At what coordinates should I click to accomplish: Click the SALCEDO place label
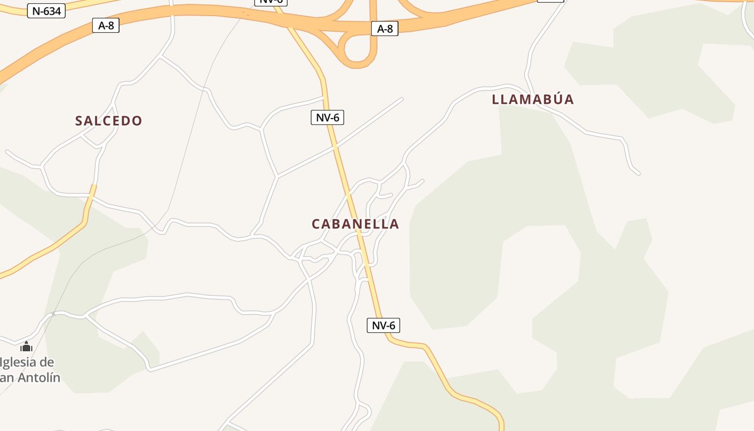[x=109, y=121]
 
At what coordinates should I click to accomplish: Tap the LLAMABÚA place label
[x=533, y=99]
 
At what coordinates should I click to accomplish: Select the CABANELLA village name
[x=355, y=224]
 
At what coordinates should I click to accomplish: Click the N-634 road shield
[x=46, y=11]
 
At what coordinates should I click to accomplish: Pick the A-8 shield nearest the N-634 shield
[x=106, y=25]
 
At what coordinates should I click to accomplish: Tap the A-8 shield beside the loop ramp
[x=385, y=29]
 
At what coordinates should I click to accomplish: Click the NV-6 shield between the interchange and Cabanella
[x=327, y=117]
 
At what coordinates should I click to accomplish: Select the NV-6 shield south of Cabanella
[x=383, y=325]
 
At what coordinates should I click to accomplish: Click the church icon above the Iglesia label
[x=26, y=346]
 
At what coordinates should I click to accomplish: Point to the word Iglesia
[x=27, y=362]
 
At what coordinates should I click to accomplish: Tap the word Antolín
[x=39, y=378]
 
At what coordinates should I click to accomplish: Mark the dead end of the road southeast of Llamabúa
[x=639, y=174]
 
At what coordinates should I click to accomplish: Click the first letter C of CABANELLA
[x=317, y=224]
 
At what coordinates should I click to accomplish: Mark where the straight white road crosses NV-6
[x=335, y=145]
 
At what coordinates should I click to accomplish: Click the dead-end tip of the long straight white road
[x=402, y=99]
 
